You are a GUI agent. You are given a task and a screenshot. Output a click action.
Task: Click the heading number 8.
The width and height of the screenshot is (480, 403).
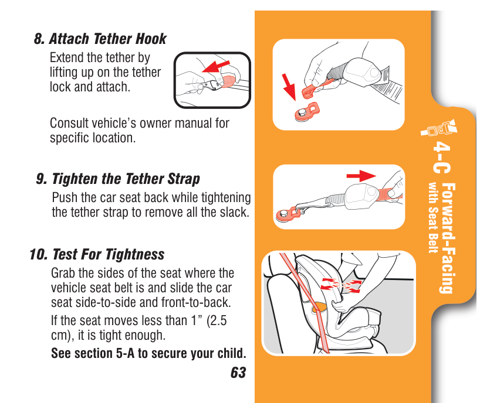pyautogui.click(x=39, y=39)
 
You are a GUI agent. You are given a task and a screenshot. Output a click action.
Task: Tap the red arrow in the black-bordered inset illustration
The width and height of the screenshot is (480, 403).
pyautogui.click(x=215, y=66)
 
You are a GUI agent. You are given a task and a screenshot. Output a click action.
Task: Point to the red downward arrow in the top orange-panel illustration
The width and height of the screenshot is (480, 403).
pyautogui.click(x=289, y=87)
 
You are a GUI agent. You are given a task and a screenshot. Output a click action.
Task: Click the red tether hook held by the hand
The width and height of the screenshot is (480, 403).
pyautogui.click(x=315, y=89)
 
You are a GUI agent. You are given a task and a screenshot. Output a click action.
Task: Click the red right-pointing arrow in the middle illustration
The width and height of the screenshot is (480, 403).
pyautogui.click(x=361, y=176)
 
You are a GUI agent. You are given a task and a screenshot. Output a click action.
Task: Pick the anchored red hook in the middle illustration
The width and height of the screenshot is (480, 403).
pyautogui.click(x=289, y=214)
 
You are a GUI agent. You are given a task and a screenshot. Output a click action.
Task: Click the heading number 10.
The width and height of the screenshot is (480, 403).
pyautogui.click(x=38, y=254)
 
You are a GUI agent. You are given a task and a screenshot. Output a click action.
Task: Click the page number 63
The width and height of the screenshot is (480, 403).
pyautogui.click(x=238, y=373)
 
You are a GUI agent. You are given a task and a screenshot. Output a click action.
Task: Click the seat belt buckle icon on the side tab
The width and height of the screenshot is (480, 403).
pyautogui.click(x=439, y=128)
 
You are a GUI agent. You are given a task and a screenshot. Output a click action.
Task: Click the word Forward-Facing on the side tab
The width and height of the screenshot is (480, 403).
pyautogui.click(x=448, y=238)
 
